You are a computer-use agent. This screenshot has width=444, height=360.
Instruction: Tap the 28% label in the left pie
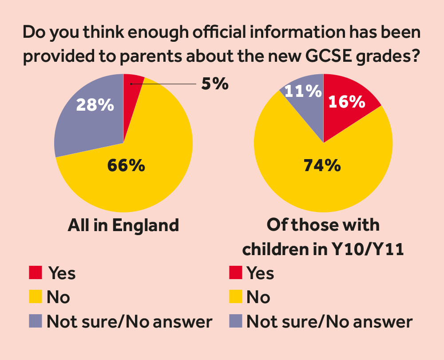point(95,105)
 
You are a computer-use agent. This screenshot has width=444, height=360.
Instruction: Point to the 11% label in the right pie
point(303,92)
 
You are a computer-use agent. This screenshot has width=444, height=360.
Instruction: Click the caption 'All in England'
point(123,225)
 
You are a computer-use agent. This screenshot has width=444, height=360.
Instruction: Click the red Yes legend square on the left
point(36,272)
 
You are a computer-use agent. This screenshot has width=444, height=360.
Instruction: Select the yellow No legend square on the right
point(236,296)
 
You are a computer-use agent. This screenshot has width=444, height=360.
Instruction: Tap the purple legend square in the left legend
point(36,321)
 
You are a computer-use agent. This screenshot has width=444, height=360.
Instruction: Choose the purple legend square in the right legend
point(236,321)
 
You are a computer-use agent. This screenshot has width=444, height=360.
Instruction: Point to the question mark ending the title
point(416,57)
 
